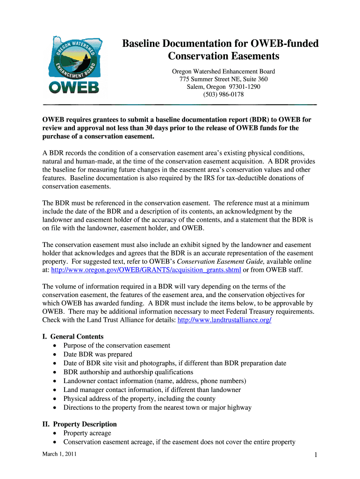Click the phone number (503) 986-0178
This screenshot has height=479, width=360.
(223, 94)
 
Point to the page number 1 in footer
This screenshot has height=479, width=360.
(316, 456)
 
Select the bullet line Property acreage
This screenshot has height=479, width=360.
(87, 433)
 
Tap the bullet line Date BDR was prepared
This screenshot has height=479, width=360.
(98, 354)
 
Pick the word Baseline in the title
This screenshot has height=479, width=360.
(143, 44)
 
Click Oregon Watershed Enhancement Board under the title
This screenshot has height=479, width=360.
(223, 72)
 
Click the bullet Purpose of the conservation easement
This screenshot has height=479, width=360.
(117, 345)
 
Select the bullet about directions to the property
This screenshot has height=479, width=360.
(158, 407)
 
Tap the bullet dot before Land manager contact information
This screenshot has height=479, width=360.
(55, 390)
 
